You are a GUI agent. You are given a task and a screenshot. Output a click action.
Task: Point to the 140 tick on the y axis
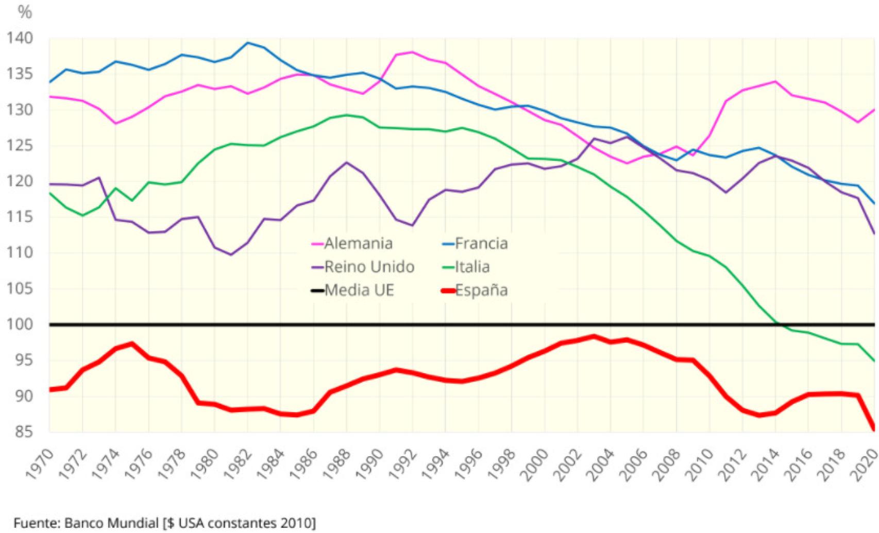coord(19,38)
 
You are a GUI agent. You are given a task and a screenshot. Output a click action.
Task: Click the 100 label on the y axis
coord(19,324)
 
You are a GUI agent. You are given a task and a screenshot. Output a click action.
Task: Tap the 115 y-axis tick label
coord(19,217)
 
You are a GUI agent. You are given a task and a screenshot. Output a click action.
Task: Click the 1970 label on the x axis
coord(40,464)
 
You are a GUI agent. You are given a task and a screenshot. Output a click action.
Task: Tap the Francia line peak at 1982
coord(248,43)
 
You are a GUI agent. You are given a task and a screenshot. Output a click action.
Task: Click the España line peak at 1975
coord(132,343)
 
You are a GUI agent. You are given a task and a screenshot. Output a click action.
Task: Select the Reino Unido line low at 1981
coord(231,254)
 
